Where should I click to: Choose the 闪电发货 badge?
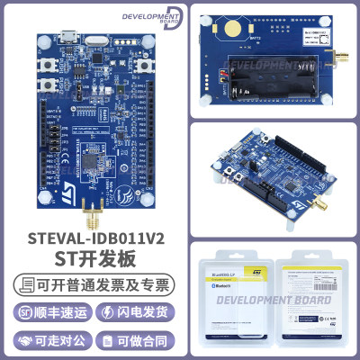point(144,312)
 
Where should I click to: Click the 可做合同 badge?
point(144,340)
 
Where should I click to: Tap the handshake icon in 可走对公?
point(24,340)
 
